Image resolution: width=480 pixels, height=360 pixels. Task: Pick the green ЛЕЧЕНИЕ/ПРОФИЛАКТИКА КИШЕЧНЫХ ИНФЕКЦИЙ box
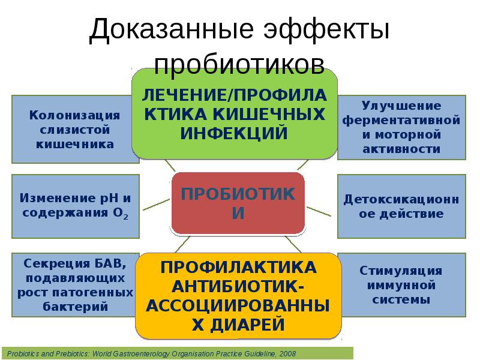pyautogui.click(x=235, y=113)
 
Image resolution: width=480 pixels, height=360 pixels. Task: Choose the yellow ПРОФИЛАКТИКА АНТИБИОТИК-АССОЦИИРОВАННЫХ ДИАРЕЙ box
pyautogui.click(x=238, y=295)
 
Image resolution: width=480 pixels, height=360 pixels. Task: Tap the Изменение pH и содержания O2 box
pyautogui.click(x=76, y=205)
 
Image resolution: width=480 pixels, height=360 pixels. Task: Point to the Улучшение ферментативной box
pyautogui.click(x=401, y=127)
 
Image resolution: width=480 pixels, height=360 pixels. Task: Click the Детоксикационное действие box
pyautogui.click(x=401, y=205)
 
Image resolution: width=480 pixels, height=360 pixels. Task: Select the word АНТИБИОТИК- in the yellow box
pyautogui.click(x=238, y=285)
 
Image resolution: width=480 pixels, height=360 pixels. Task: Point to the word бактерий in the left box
pyautogui.click(x=76, y=307)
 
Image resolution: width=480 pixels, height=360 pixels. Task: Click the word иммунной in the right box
pyautogui.click(x=401, y=284)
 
